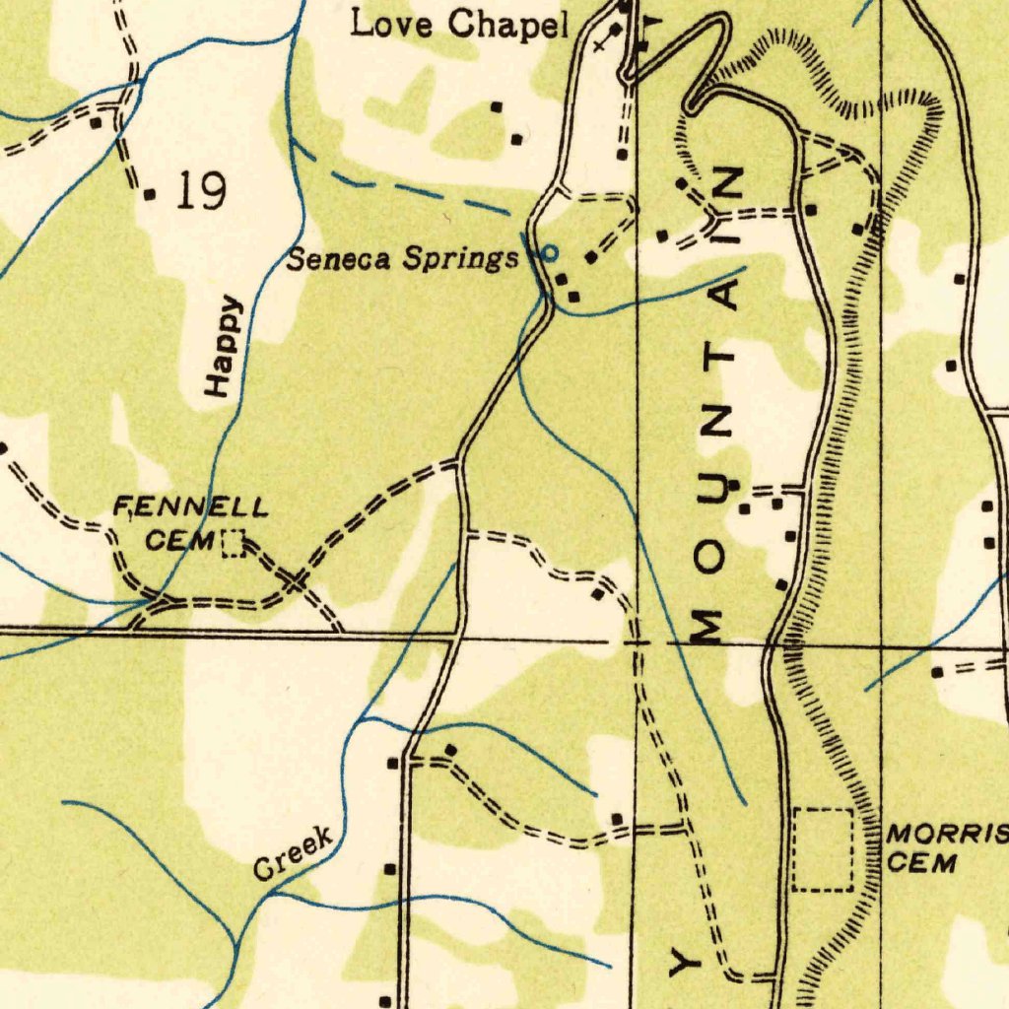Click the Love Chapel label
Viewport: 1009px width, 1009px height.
coord(460,25)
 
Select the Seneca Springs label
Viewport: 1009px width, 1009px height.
coord(402,260)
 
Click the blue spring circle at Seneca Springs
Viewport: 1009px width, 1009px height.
coord(550,253)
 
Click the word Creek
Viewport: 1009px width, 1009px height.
coord(294,853)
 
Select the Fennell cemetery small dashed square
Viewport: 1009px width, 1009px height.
coord(233,543)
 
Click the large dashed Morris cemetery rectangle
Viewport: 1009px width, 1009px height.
coord(823,849)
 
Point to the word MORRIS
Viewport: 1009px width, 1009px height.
coord(946,836)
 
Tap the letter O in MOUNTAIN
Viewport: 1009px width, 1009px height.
coord(713,557)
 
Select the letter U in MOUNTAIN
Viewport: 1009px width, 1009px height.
coord(715,489)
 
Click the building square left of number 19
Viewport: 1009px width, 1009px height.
coord(150,194)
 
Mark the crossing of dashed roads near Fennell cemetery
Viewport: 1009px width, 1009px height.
coord(294,583)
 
